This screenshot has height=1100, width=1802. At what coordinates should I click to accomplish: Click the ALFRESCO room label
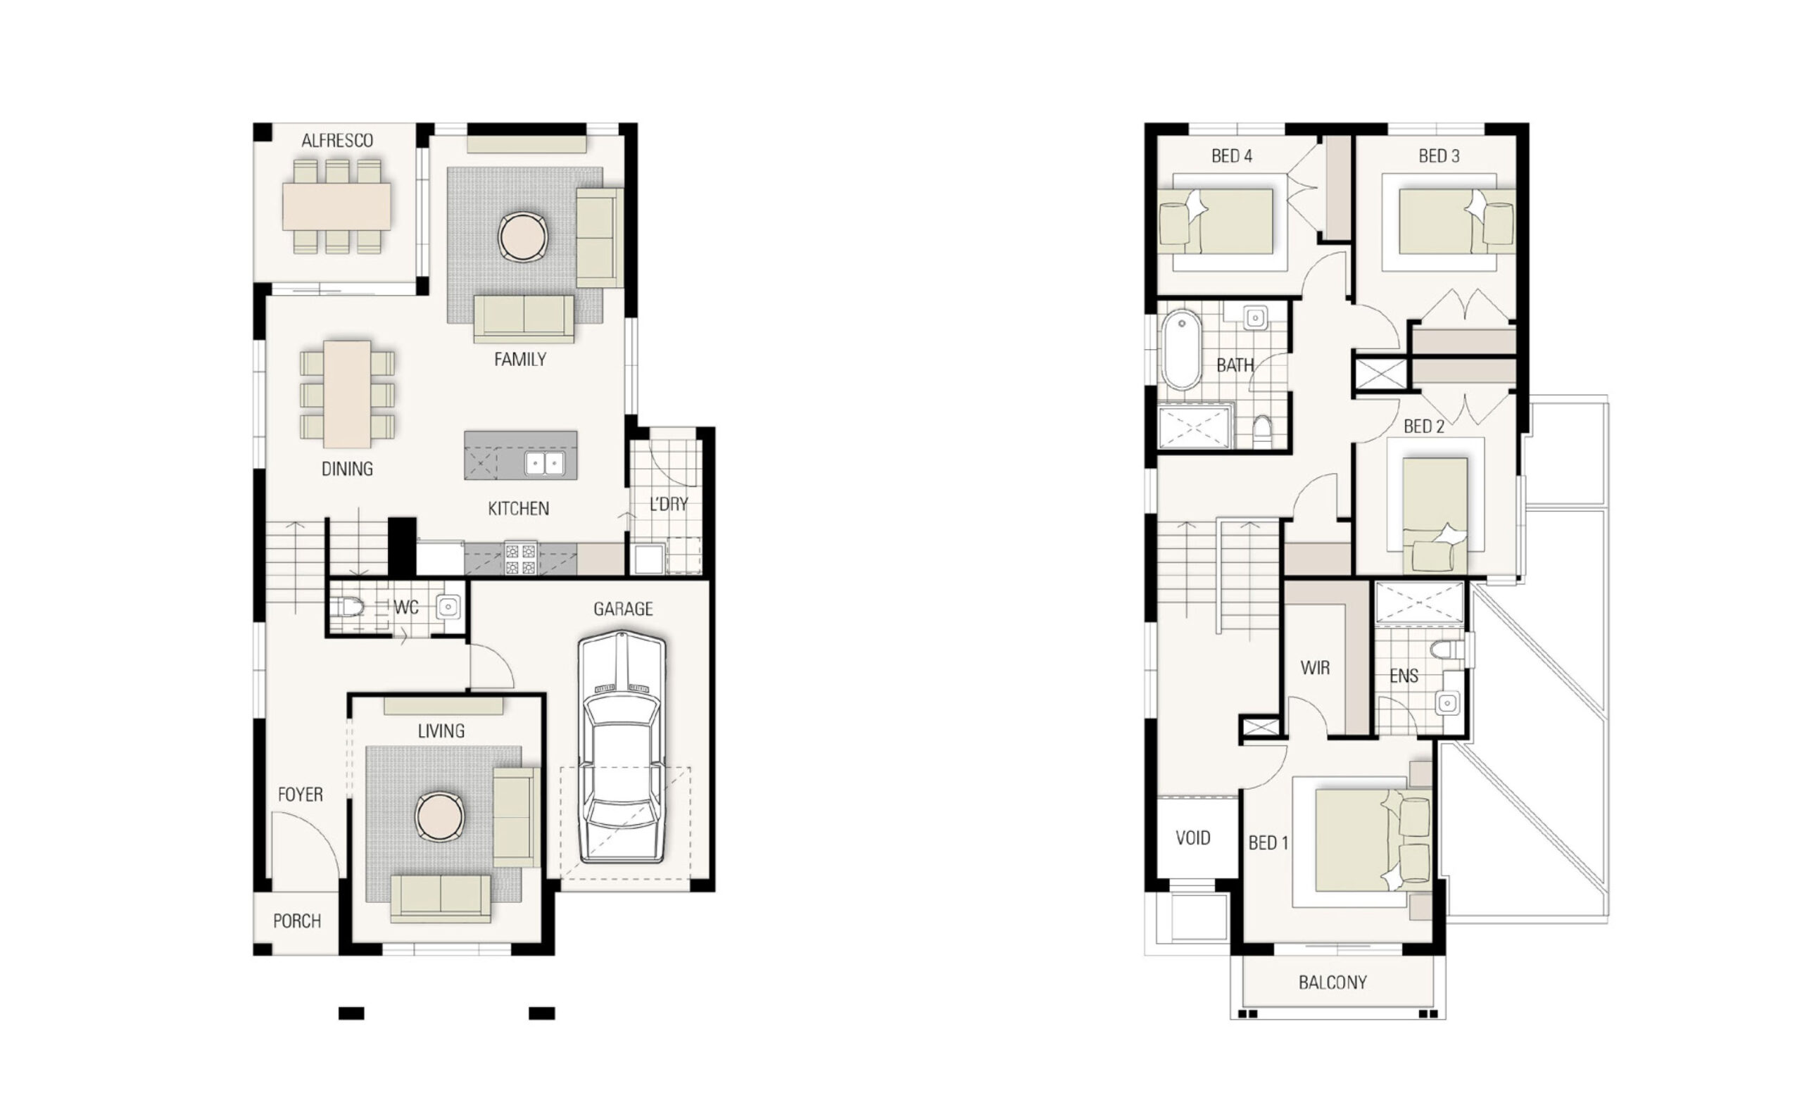337,141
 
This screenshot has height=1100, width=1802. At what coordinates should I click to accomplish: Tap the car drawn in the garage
622,750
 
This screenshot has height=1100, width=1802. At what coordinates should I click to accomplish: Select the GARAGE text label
623,609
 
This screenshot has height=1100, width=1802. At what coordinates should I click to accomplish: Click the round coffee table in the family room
523,236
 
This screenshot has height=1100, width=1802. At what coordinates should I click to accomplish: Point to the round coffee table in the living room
439,816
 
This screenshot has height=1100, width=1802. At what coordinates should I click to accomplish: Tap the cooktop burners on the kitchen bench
521,559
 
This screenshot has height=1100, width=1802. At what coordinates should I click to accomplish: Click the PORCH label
297,921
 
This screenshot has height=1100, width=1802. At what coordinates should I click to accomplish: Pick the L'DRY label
669,504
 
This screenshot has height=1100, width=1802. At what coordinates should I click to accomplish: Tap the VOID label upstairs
1193,837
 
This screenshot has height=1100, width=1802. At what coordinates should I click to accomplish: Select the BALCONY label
1332,982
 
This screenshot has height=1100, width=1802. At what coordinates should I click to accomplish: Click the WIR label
1315,667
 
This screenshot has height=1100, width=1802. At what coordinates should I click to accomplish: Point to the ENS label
1404,676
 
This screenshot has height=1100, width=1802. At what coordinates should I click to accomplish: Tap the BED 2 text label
1424,426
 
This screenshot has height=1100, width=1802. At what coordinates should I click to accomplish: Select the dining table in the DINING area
348,394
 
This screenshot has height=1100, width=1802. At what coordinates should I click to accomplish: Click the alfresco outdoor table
336,206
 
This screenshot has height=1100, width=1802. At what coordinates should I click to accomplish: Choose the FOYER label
300,795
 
